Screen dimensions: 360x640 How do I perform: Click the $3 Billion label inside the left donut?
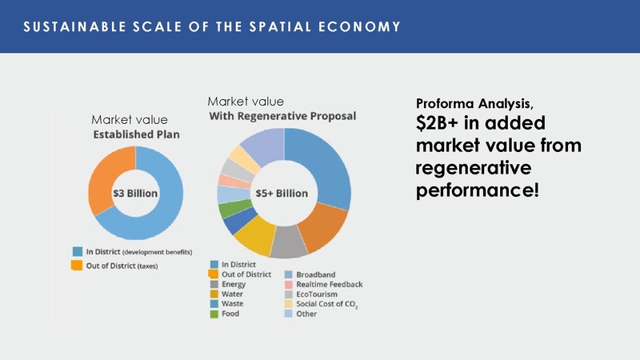click(135, 194)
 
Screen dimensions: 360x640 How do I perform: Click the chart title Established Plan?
click(134, 134)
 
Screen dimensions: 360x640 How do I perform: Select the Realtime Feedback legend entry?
click(330, 284)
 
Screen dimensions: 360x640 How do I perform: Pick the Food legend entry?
click(230, 314)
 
